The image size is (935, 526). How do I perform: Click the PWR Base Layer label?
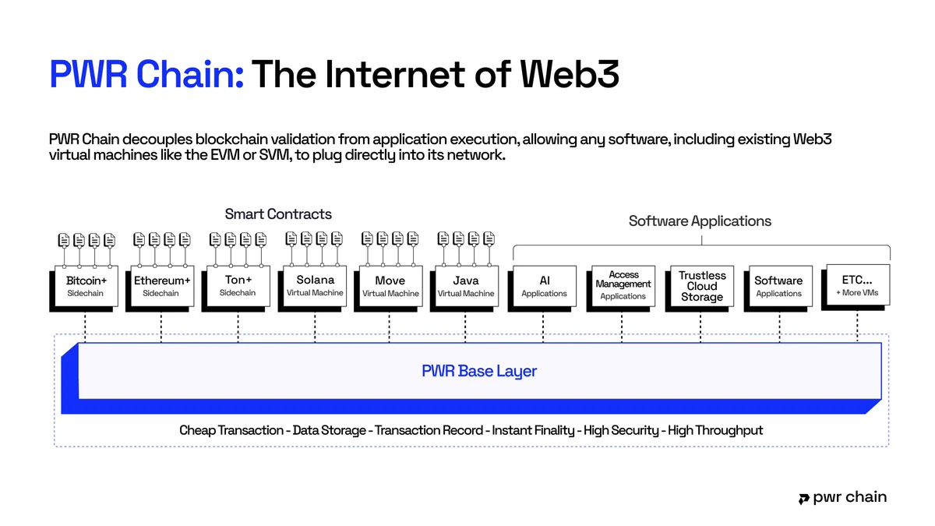(x=479, y=371)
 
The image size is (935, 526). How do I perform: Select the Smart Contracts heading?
(x=278, y=214)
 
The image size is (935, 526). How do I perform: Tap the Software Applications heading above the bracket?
(x=700, y=221)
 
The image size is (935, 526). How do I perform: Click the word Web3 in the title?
(x=570, y=74)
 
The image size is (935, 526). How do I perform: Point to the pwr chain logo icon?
(x=803, y=499)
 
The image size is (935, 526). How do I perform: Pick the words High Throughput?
(x=715, y=430)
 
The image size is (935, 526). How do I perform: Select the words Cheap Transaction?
(x=231, y=430)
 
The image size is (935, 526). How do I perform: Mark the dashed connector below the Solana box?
(x=315, y=329)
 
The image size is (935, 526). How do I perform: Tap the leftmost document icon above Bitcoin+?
(x=64, y=240)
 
